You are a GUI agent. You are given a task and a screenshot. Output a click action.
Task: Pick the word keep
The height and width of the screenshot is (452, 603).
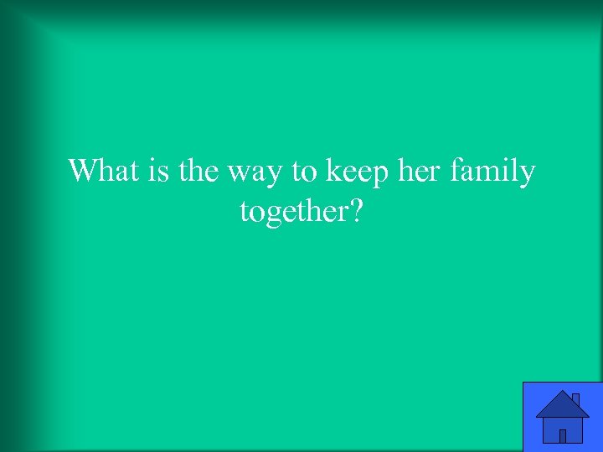coord(353,172)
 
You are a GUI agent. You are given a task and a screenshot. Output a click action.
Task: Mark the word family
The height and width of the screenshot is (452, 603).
coord(493,172)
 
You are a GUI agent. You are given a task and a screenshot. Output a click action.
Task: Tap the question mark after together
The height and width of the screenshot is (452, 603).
coord(355,212)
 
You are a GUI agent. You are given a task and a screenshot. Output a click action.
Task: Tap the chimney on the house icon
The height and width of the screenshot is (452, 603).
coord(576,400)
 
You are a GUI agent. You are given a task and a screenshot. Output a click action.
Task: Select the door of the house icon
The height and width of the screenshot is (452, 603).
coord(563,435)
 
